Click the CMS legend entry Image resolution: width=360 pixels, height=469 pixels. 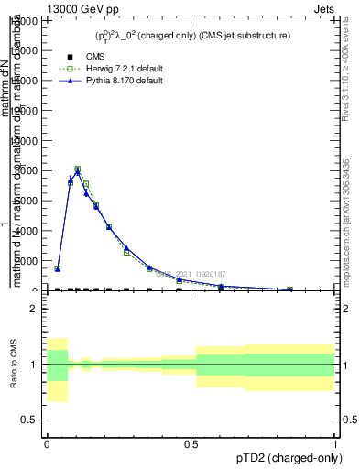coord(82,57)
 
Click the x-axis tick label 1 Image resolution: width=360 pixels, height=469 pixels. coord(334,443)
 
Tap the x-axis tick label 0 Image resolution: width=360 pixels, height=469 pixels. coord(46,443)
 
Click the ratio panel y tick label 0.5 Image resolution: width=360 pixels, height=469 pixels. coord(27,420)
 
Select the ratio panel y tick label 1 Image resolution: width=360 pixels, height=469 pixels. coord(32,365)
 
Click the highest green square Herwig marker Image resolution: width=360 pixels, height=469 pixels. coord(78,169)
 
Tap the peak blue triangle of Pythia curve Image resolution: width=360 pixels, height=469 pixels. coord(78,172)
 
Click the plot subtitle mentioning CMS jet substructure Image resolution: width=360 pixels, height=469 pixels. coord(192,36)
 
